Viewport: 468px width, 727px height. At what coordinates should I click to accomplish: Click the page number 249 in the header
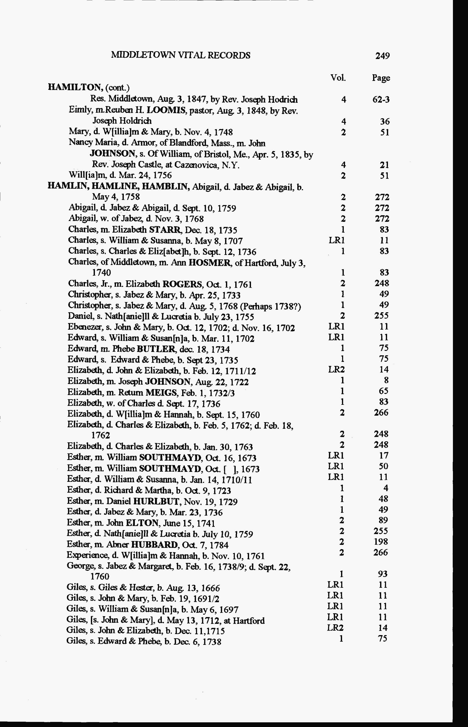pos(382,56)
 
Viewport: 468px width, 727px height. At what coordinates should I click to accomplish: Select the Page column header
pos(381,78)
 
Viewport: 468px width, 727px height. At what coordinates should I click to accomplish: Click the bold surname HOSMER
pos(209,263)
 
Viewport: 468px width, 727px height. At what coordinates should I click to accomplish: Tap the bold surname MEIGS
pos(161,393)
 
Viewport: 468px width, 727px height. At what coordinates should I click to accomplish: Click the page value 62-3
pos(381,100)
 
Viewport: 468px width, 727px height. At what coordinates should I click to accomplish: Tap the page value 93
pos(383,574)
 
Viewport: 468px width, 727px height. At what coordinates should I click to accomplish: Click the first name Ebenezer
pos(80,328)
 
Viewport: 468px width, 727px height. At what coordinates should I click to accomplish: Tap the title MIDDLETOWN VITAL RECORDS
pos(181,55)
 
